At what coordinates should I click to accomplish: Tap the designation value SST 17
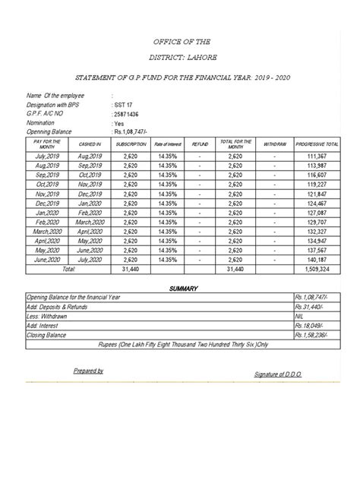tap(122, 106)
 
